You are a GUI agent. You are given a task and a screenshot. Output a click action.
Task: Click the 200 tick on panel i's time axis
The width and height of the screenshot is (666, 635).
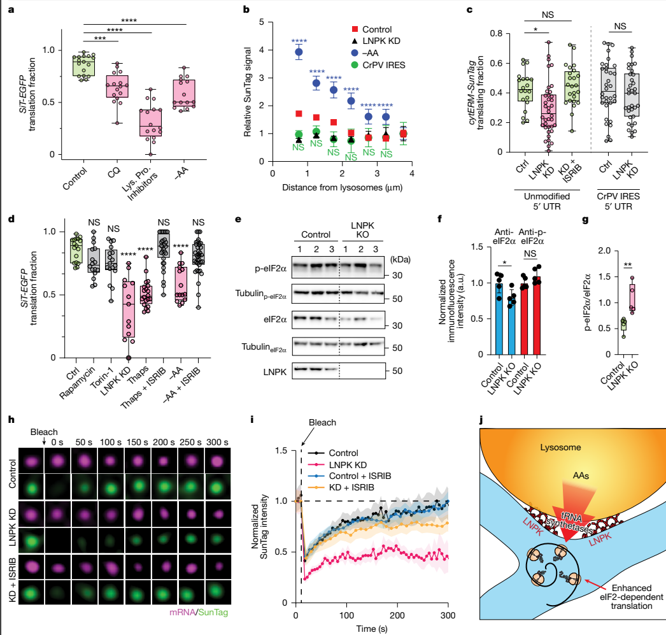point(398,615)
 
